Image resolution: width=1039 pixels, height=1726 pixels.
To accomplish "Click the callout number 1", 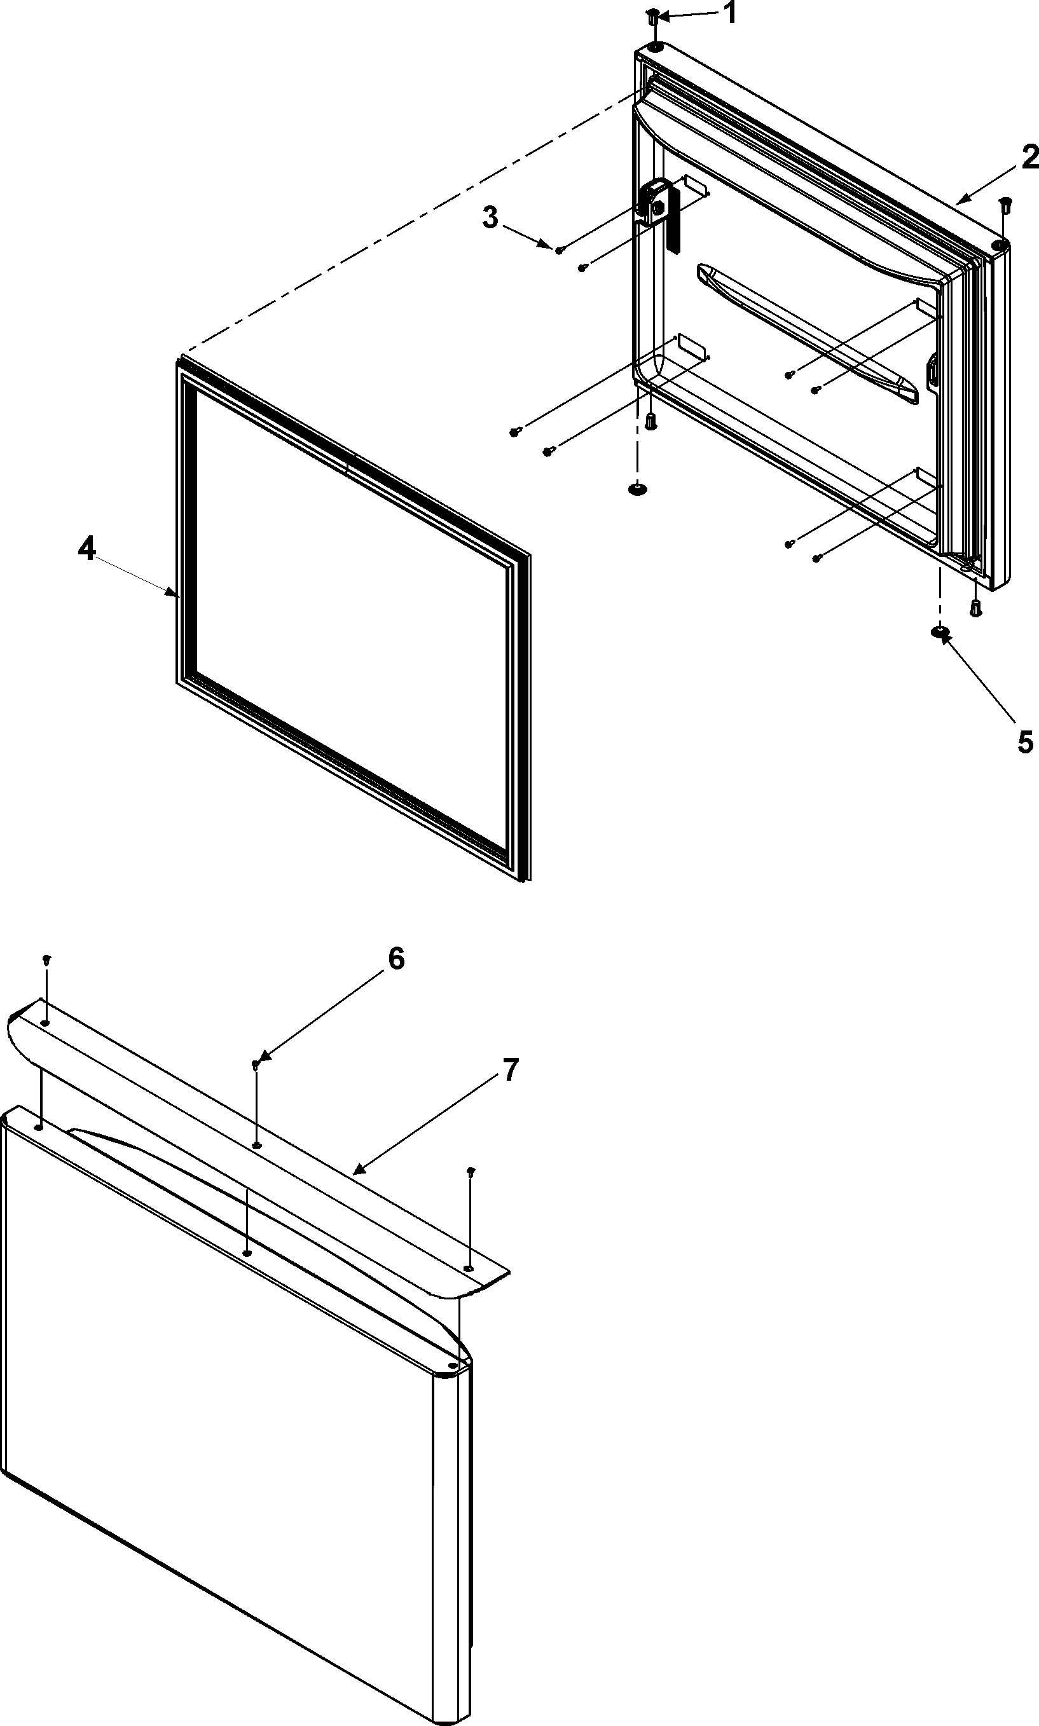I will [729, 13].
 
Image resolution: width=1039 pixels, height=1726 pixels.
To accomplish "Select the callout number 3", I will [491, 217].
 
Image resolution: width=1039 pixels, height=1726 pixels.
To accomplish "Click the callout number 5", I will [1025, 742].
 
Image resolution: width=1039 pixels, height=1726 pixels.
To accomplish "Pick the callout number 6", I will [396, 959].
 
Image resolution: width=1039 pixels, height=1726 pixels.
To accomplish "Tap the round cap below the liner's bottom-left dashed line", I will [636, 488].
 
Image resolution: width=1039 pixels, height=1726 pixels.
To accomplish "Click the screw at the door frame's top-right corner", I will [1005, 204].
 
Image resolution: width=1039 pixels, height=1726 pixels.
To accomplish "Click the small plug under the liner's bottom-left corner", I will [651, 422].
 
